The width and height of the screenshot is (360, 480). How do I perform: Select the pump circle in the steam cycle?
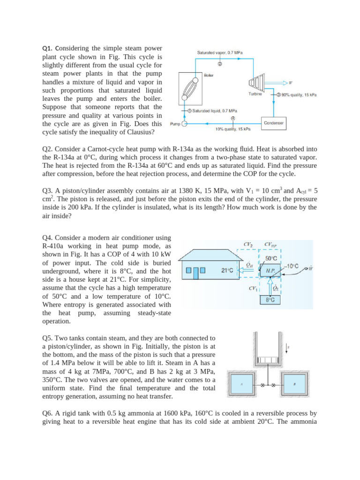(x=184, y=124)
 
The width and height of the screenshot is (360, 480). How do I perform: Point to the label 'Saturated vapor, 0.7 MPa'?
(x=220, y=53)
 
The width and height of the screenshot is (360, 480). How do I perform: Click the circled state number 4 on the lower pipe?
(x=233, y=118)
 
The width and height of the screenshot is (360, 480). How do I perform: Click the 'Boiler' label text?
(x=209, y=75)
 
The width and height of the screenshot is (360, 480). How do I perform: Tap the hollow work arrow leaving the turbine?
(x=285, y=83)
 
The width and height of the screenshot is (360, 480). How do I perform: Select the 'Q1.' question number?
(x=48, y=48)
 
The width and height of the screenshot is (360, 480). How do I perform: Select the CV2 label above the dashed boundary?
(x=248, y=244)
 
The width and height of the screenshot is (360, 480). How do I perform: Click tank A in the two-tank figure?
(x=242, y=385)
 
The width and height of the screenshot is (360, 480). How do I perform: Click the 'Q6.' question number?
(x=48, y=413)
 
